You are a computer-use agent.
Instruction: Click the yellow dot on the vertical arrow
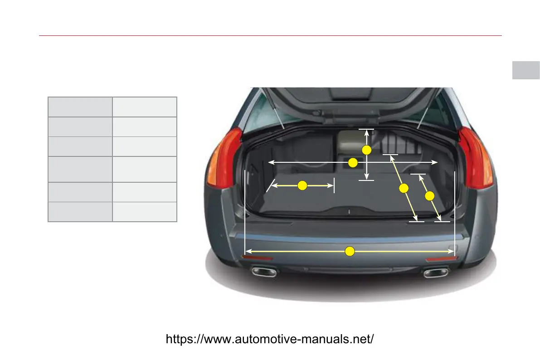pos(366,150)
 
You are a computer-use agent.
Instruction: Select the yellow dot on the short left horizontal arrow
pos(302,185)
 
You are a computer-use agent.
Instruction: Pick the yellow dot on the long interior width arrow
pos(353,162)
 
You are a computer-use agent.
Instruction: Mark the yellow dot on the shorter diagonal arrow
pos(430,196)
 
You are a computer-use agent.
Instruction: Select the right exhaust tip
pos(435,272)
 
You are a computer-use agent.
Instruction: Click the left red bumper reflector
pos(257,258)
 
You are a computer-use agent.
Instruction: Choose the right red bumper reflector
pos(442,259)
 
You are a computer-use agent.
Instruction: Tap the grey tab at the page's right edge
pos(526,70)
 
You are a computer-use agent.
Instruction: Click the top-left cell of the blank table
pos(80,107)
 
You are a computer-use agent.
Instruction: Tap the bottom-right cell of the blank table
pos(144,212)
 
